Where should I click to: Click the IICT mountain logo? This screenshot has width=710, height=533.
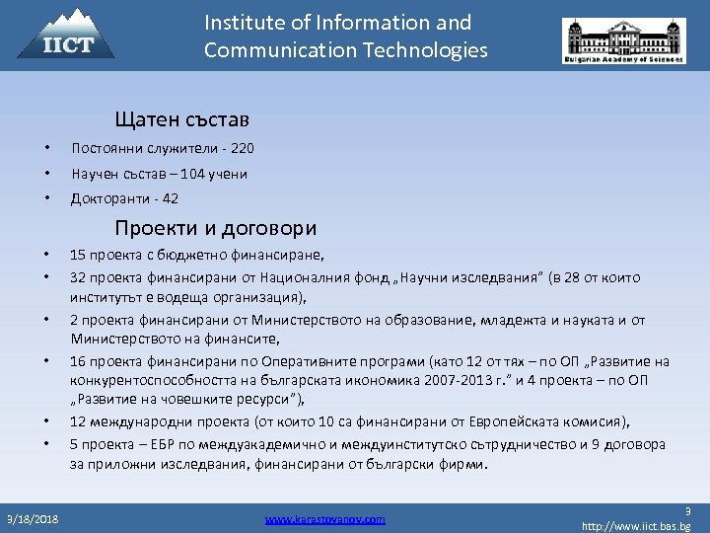(67, 34)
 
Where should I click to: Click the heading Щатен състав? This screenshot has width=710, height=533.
(181, 119)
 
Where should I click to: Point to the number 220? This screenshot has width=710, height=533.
(243, 149)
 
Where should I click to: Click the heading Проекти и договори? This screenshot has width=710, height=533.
(215, 229)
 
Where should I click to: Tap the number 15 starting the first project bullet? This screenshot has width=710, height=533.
(77, 255)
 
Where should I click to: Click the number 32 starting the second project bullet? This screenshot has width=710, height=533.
(77, 275)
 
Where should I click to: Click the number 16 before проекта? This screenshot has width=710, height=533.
(77, 361)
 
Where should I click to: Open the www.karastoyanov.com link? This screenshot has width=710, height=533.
(325, 518)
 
